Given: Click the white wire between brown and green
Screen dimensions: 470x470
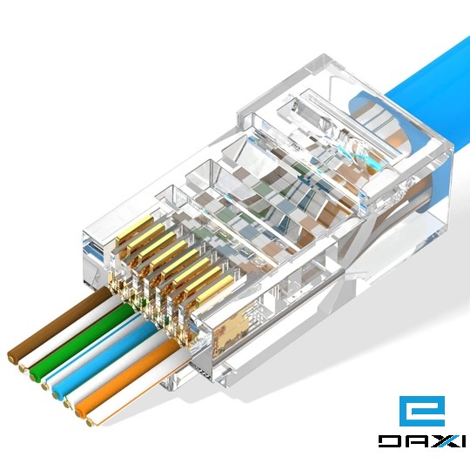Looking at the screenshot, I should point(65,336).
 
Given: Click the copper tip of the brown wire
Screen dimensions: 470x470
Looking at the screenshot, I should point(12,354).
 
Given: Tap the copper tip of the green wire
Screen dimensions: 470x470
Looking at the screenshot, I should point(35,375).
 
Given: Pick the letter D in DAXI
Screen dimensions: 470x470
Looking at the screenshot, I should point(388,440).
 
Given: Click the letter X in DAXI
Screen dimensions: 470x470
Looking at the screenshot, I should point(437,440).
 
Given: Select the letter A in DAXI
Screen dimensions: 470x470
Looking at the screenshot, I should point(413,440).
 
